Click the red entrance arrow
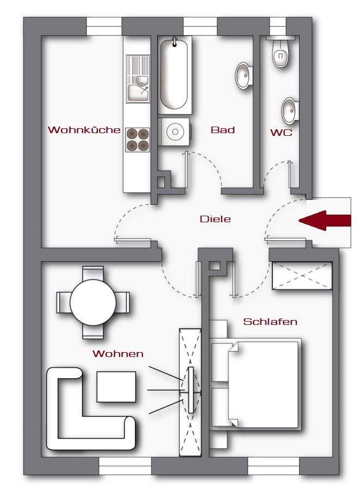tap(325, 220)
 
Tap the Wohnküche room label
tap(84, 130)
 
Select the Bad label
tap(222, 130)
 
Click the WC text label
tap(281, 132)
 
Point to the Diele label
tap(215, 220)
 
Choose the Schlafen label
tap(270, 322)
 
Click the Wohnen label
tap(118, 354)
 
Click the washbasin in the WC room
tap(289, 110)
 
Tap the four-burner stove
tap(138, 139)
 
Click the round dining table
tap(93, 302)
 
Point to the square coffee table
tap(116, 387)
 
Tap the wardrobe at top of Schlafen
tap(302, 276)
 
